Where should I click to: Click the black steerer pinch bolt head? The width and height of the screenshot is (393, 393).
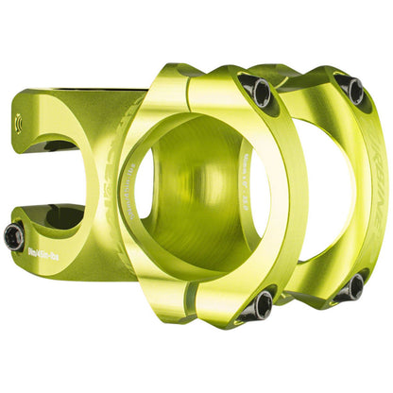click(14, 237)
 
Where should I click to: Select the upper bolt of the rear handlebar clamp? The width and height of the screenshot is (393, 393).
click(352, 90)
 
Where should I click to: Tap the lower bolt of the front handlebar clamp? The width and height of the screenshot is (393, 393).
click(260, 302)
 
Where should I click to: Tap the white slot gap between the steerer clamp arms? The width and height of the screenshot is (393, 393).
click(38, 175)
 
